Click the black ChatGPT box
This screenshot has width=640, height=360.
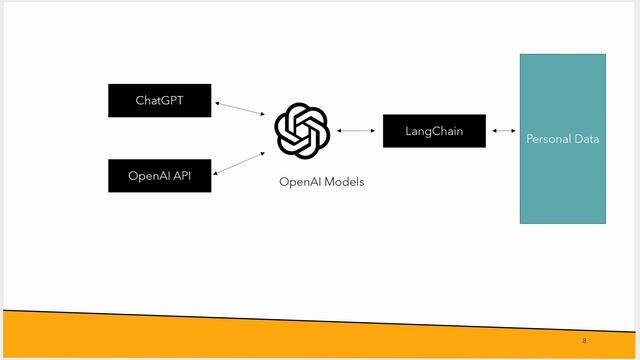coord(160,100)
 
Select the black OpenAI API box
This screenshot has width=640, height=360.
coord(160,176)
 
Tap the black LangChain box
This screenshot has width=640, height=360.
coord(434,131)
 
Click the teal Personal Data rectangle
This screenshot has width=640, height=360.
coord(562,180)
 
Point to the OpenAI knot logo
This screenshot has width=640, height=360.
coord(302,130)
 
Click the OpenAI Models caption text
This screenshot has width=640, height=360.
coord(321,182)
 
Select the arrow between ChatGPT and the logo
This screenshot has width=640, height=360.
coord(239,110)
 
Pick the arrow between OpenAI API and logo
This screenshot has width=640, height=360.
coord(240,163)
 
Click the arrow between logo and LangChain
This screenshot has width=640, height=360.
coord(356,130)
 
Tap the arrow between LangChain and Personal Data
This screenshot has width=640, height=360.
coord(503,131)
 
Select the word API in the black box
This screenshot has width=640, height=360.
coord(182,176)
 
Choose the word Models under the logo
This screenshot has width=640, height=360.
coord(343,182)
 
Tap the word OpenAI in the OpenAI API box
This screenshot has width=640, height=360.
coord(149,176)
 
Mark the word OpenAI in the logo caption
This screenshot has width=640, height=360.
coord(299,182)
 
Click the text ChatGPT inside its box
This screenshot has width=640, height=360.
coord(160,100)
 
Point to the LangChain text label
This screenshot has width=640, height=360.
coord(434,131)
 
